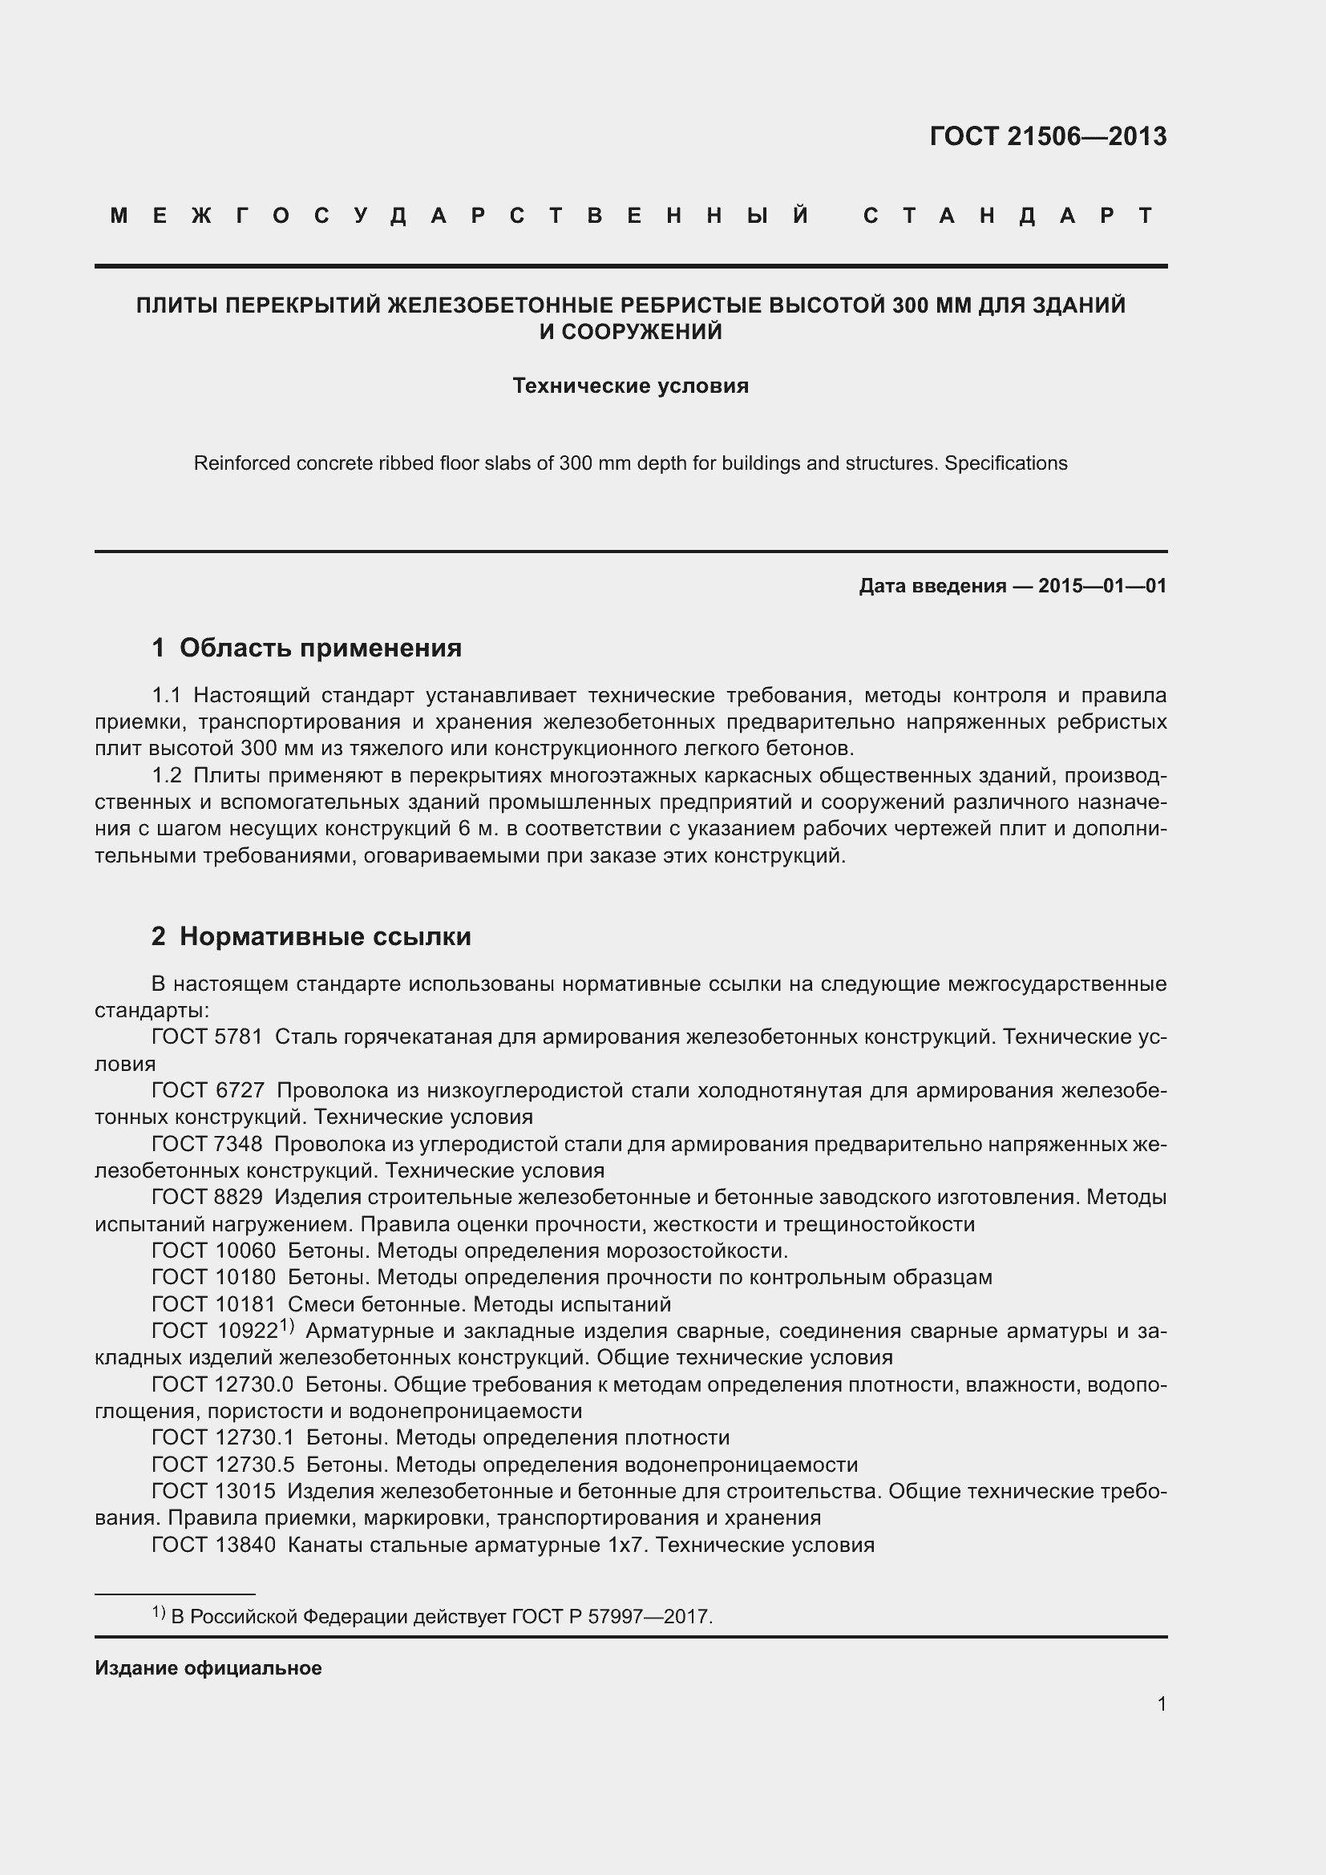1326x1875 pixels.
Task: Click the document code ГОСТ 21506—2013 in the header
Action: pyautogui.click(x=1048, y=136)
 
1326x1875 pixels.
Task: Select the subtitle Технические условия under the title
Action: pyautogui.click(x=630, y=386)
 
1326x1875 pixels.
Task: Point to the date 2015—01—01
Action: pyautogui.click(x=1102, y=585)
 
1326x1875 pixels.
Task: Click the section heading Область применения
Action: pyautogui.click(x=320, y=648)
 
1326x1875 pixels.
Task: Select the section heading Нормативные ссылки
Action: pyautogui.click(x=325, y=935)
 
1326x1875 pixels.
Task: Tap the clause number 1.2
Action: pyautogui.click(x=167, y=775)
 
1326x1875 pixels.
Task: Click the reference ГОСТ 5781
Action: pyautogui.click(x=207, y=1037)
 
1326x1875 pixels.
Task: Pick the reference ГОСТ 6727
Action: pyautogui.click(x=208, y=1090)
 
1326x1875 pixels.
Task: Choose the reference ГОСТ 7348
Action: pyautogui.click(x=207, y=1144)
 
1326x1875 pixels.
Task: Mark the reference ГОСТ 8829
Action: pyautogui.click(x=207, y=1197)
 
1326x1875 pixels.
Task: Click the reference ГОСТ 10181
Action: pyautogui.click(x=213, y=1304)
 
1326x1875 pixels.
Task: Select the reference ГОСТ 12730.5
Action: pyautogui.click(x=222, y=1465)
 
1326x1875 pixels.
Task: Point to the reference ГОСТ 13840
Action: pyautogui.click(x=213, y=1544)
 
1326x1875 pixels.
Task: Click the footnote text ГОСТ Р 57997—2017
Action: pyautogui.click(x=612, y=1616)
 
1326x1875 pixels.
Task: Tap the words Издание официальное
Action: pyautogui.click(x=208, y=1667)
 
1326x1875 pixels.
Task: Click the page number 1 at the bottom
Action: pyautogui.click(x=1161, y=1703)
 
